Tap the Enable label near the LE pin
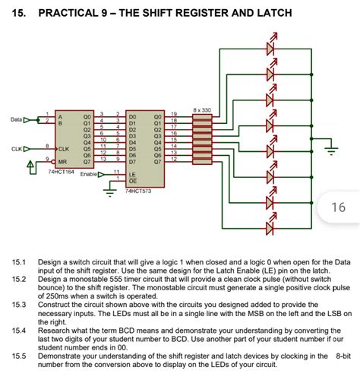click(90, 175)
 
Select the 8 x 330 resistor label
click(202, 109)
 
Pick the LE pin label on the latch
click(133, 174)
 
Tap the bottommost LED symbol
click(271, 226)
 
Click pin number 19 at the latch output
click(173, 113)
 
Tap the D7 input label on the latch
click(133, 162)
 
